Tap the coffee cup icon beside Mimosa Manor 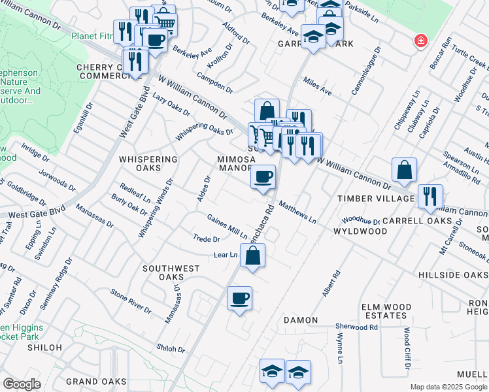tap(263, 177)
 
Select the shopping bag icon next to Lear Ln tap(253, 256)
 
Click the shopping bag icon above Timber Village tap(405, 170)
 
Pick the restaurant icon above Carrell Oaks tap(430, 196)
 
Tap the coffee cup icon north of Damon tap(239, 299)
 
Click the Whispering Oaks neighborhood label tap(148, 164)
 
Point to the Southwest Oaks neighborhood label tap(171, 273)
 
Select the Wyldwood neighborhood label tap(360, 232)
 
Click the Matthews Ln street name tap(297, 213)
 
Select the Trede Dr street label tap(206, 239)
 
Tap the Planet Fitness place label tap(93, 36)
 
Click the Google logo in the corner tap(22, 384)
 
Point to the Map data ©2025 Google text tap(448, 387)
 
